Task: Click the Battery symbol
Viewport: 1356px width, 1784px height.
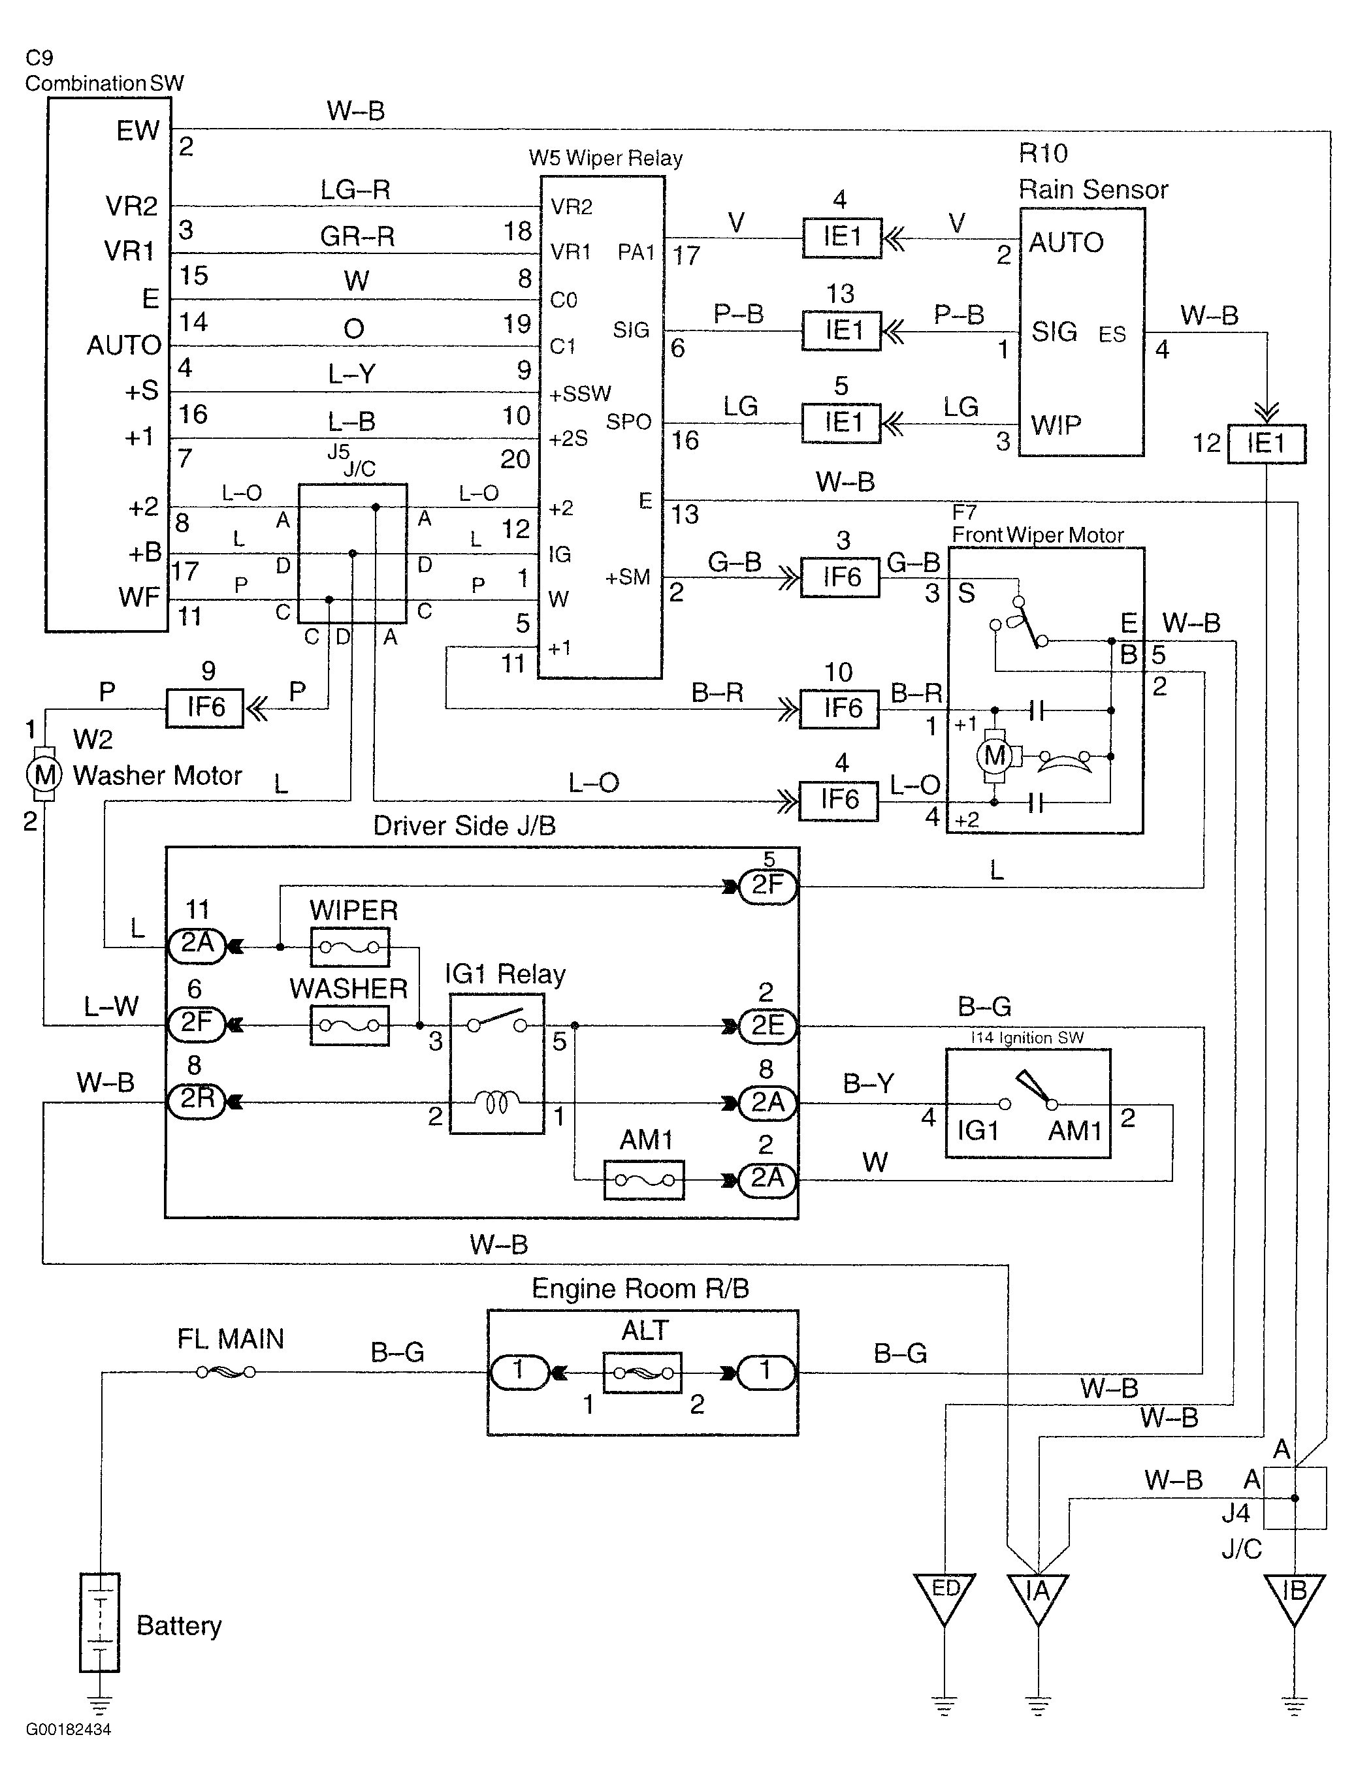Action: pos(99,1622)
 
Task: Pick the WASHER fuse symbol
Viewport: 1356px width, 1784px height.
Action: pos(349,1025)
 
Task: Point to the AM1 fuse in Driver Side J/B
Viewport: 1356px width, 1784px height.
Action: pos(644,1181)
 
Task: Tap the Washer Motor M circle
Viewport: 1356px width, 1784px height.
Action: pos(44,774)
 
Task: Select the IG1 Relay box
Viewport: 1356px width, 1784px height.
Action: pos(497,1064)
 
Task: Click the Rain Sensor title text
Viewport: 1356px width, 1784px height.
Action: pos(1093,189)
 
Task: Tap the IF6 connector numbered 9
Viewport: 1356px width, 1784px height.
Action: pos(205,708)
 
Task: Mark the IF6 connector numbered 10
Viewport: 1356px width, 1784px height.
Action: pos(839,709)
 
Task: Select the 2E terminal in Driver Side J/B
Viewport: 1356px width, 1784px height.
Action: pos(767,1025)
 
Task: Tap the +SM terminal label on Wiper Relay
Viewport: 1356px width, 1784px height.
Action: pos(627,577)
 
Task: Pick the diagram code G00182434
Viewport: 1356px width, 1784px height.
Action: pos(68,1729)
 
